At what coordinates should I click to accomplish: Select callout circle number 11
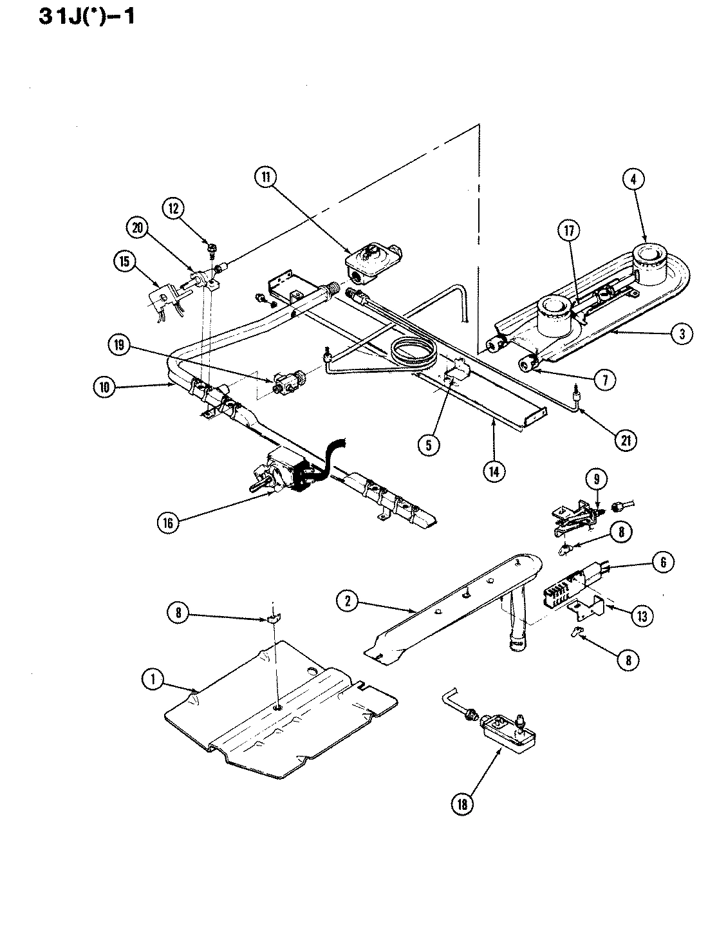(265, 176)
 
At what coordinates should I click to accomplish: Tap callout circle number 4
(633, 180)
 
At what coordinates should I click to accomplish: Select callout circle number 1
(153, 681)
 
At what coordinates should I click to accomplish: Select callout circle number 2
(348, 601)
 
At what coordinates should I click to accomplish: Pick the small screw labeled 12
(210, 245)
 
